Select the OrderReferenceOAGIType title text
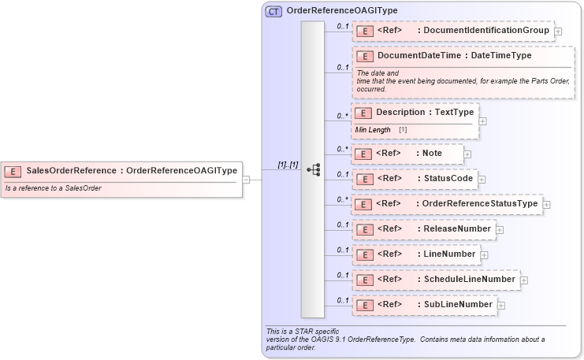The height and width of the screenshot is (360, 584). [x=341, y=11]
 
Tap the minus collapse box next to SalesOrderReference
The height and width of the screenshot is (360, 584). [x=246, y=179]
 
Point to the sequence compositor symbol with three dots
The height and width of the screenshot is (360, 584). [x=313, y=169]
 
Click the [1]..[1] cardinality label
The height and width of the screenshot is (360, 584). [x=288, y=165]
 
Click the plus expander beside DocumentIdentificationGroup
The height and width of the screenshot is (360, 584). [x=558, y=32]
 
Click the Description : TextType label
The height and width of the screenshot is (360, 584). [x=425, y=113]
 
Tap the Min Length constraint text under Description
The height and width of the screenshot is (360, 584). [x=373, y=129]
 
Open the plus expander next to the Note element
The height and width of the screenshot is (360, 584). [x=467, y=154]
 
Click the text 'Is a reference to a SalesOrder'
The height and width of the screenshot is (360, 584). [x=53, y=188]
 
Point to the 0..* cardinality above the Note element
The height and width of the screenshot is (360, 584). [x=342, y=148]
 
